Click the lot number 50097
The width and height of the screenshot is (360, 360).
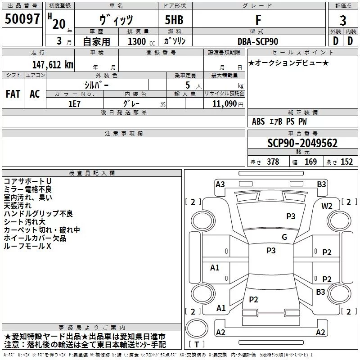[x=22, y=19]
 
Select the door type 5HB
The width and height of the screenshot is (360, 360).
[x=174, y=20]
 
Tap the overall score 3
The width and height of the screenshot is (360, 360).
[x=343, y=21]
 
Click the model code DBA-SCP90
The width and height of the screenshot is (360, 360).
[x=258, y=41]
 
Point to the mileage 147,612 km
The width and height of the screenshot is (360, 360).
[x=53, y=65]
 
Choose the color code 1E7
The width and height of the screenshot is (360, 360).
[x=74, y=104]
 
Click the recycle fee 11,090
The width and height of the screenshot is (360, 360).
[x=224, y=104]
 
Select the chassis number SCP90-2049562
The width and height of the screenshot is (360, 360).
[x=302, y=143]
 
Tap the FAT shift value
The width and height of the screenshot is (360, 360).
[x=13, y=94]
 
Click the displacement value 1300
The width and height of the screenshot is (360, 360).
[x=137, y=41]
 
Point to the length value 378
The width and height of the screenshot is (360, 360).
[x=273, y=162]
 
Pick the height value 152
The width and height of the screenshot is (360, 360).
[x=346, y=162]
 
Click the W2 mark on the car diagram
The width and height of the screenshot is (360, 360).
[x=327, y=206]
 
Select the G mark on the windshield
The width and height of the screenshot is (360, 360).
[x=284, y=237]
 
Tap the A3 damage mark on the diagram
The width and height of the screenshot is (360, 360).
[x=220, y=184]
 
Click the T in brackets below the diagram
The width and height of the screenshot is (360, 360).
[x=197, y=344]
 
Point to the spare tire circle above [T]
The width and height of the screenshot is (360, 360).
[x=197, y=328]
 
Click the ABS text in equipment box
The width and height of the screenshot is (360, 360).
[x=258, y=121]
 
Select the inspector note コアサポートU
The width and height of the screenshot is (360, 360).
[x=27, y=181]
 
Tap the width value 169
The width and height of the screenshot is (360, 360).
[x=310, y=162]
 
